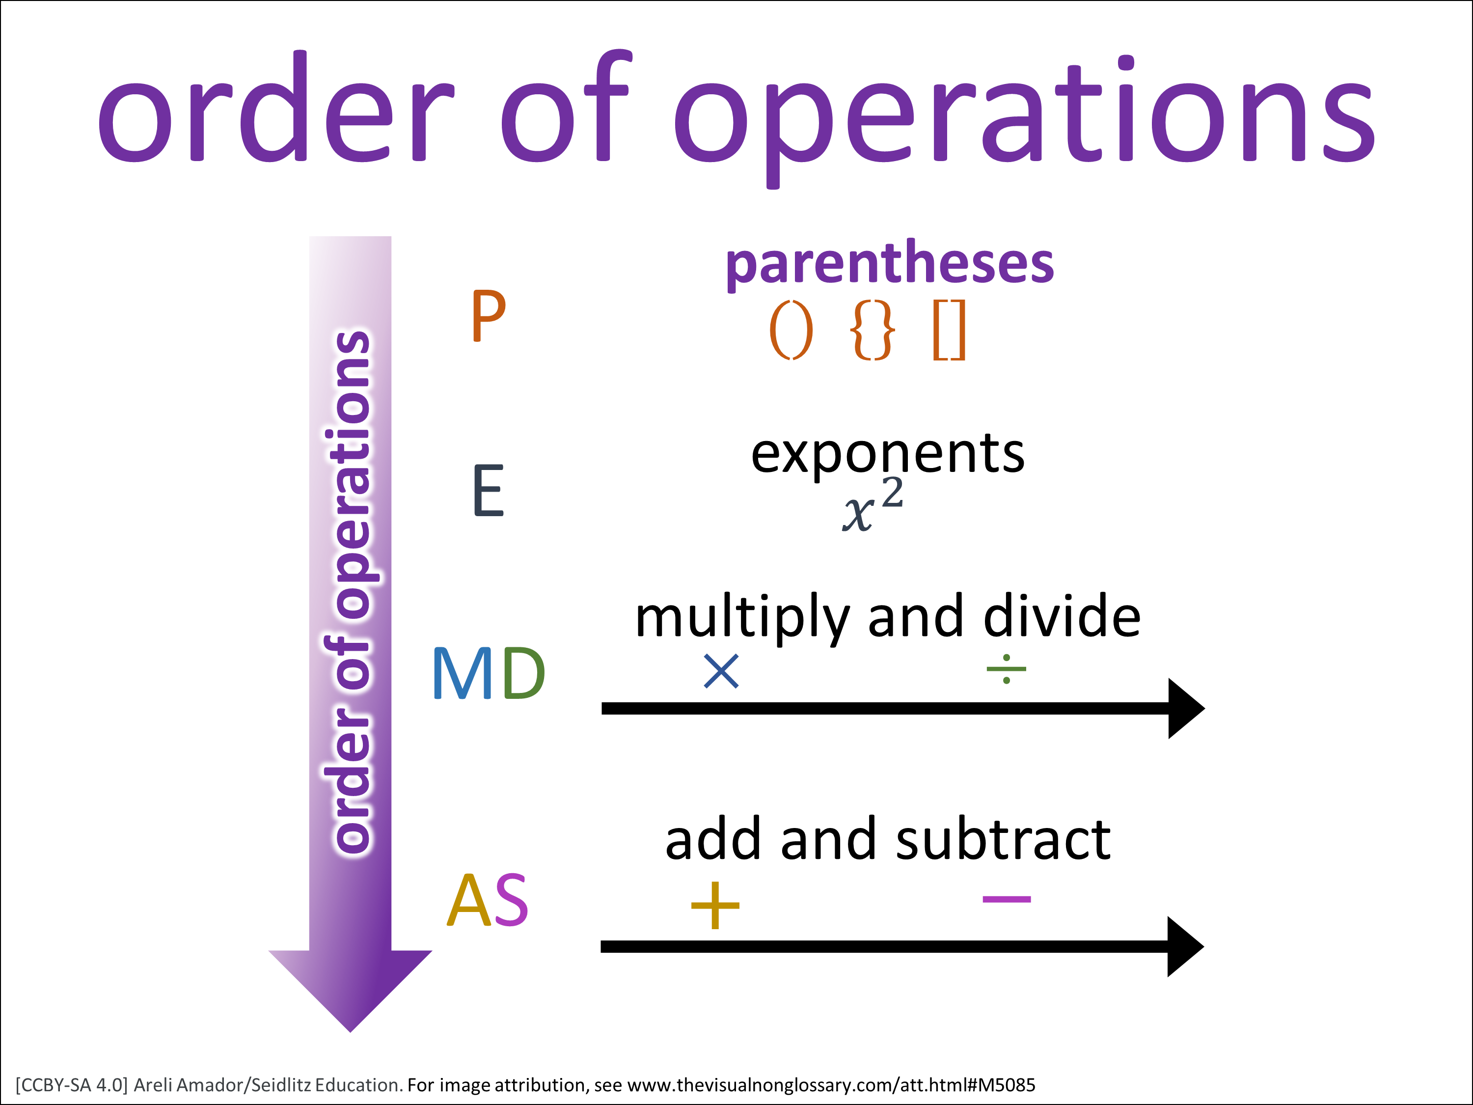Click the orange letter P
tap(488, 316)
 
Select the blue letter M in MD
tap(464, 673)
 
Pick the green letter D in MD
tap(524, 673)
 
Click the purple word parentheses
tap(890, 264)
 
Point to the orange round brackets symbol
tap(791, 331)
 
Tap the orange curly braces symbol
tap(873, 331)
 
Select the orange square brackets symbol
tap(949, 331)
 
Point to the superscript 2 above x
tap(892, 494)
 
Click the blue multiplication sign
tap(721, 671)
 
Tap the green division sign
tap(1006, 669)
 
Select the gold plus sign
tap(715, 905)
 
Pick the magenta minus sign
tap(1007, 899)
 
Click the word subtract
tap(1004, 839)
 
